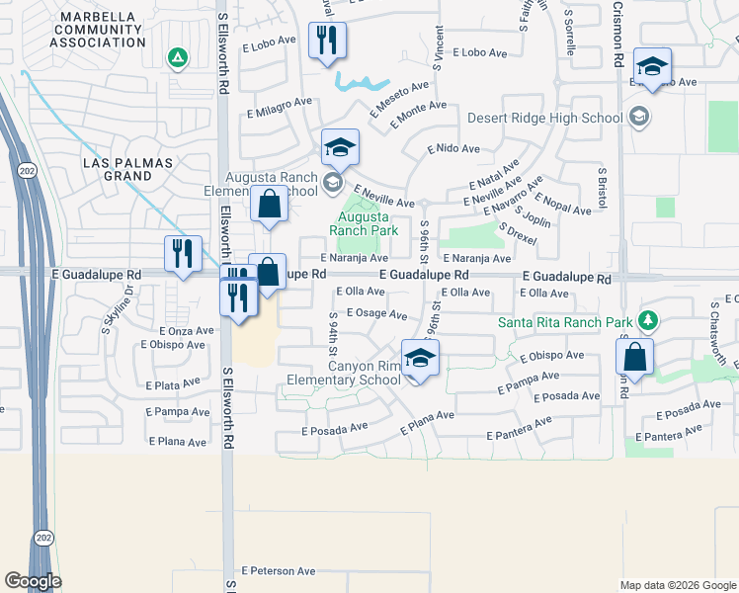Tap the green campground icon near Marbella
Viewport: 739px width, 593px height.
coord(177,58)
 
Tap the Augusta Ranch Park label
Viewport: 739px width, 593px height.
coord(368,223)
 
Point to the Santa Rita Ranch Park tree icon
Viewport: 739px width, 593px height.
coord(647,321)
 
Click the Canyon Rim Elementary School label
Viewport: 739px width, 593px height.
coord(344,372)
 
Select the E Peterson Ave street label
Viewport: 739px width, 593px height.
coord(280,570)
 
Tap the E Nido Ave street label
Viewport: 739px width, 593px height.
coord(453,148)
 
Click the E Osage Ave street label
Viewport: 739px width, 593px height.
coord(376,314)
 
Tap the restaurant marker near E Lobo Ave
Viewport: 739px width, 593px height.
coord(327,41)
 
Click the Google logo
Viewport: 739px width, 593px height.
coord(33,580)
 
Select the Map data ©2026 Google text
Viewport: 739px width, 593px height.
coord(678,585)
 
